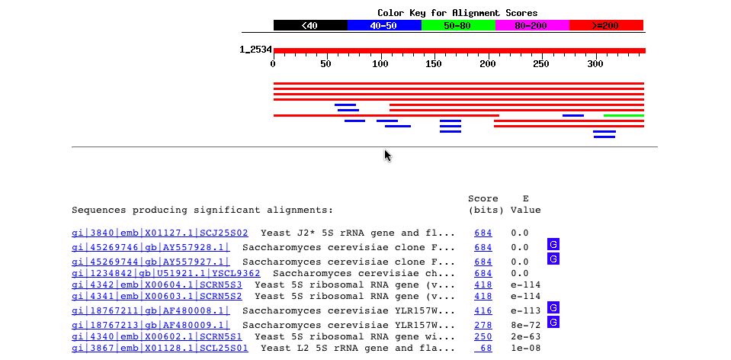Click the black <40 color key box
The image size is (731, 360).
tap(310, 25)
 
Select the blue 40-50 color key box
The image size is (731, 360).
tap(384, 25)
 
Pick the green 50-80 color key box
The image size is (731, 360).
tap(458, 25)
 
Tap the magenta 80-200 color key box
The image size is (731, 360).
tap(532, 25)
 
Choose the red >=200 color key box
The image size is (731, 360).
tap(606, 25)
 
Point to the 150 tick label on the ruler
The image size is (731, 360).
tap(434, 64)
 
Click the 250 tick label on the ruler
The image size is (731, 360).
tap(541, 64)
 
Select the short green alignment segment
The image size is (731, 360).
tap(624, 116)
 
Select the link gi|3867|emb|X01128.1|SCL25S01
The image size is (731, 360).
tap(160, 349)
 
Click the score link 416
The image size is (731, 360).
tap(483, 310)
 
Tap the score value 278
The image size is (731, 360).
tap(483, 323)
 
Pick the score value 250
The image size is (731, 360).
tap(483, 336)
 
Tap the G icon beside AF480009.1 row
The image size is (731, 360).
tap(553, 322)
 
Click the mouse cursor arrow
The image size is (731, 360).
tap(387, 156)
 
